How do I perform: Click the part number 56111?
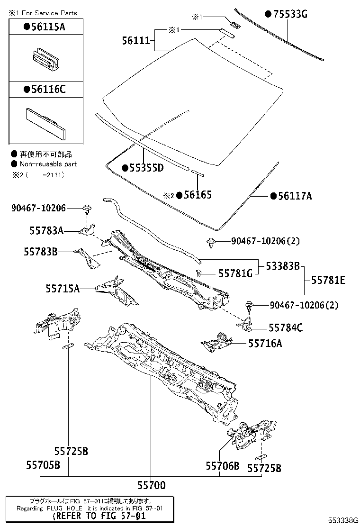136,41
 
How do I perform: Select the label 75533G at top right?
286,15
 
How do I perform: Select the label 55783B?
40,252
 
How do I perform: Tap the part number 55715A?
63,288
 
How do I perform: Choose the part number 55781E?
328,281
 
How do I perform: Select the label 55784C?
286,327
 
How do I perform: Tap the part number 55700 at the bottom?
152,485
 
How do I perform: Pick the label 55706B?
223,466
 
